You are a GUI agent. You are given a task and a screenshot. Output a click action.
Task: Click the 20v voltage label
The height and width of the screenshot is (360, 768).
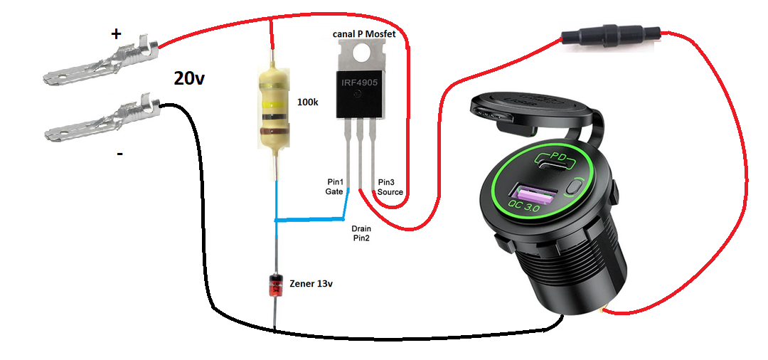pyautogui.click(x=188, y=78)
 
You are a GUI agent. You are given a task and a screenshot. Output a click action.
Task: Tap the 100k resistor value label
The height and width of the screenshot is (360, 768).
pyautogui.click(x=308, y=103)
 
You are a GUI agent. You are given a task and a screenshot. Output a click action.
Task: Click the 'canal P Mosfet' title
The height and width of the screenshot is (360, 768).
pyautogui.click(x=364, y=34)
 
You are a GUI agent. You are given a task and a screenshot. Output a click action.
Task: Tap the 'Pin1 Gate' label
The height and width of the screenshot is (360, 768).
pyautogui.click(x=334, y=186)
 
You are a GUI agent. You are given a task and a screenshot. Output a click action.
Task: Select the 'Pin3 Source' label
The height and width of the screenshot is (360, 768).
pyautogui.click(x=390, y=186)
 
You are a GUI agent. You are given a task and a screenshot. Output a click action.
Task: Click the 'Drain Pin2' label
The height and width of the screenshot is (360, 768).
pyautogui.click(x=361, y=233)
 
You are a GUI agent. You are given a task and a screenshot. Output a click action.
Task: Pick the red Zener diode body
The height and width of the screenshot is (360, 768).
pyautogui.click(x=276, y=285)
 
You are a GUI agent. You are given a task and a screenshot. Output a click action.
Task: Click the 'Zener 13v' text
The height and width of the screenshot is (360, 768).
pyautogui.click(x=311, y=284)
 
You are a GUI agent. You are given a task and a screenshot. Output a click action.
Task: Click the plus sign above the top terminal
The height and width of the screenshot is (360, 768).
pyautogui.click(x=116, y=34)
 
